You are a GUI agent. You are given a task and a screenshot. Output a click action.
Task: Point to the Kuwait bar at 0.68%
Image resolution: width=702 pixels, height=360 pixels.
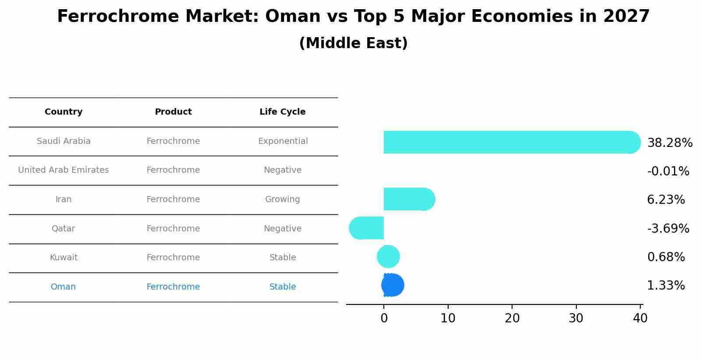(388, 257)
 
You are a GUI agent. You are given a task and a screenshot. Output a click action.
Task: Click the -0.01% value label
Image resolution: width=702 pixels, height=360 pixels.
(668, 171)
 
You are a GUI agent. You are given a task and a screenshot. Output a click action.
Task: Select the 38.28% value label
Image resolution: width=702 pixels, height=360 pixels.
(670, 143)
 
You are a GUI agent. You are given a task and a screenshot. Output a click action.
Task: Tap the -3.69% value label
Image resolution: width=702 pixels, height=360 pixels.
(668, 228)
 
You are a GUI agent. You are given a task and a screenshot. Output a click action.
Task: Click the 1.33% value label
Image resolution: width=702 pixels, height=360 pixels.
(666, 286)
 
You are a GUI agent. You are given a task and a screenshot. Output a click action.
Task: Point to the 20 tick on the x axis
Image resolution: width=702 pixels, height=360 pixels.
(512, 318)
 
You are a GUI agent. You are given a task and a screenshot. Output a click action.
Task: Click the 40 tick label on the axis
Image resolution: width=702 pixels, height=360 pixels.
(640, 318)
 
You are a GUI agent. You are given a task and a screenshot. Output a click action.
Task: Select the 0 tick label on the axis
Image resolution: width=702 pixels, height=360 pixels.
(384, 318)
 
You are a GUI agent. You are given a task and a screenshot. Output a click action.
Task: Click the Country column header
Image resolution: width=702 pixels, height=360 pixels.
(63, 112)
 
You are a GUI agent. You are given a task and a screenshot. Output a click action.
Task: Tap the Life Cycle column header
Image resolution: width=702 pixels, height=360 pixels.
(282, 112)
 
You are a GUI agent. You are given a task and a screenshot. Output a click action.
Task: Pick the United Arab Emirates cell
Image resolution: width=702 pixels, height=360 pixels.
(63, 170)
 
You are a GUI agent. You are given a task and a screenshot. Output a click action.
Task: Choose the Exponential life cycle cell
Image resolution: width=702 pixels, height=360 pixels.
(283, 141)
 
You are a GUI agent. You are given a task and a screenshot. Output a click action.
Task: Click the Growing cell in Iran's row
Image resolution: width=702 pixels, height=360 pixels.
(282, 199)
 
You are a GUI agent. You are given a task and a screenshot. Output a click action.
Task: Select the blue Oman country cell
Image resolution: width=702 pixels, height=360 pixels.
(63, 287)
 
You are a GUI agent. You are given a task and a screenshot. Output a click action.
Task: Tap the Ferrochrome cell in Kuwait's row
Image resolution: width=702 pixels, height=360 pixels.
(173, 258)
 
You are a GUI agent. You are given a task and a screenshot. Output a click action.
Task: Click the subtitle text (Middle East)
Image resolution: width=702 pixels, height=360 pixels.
(353, 43)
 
